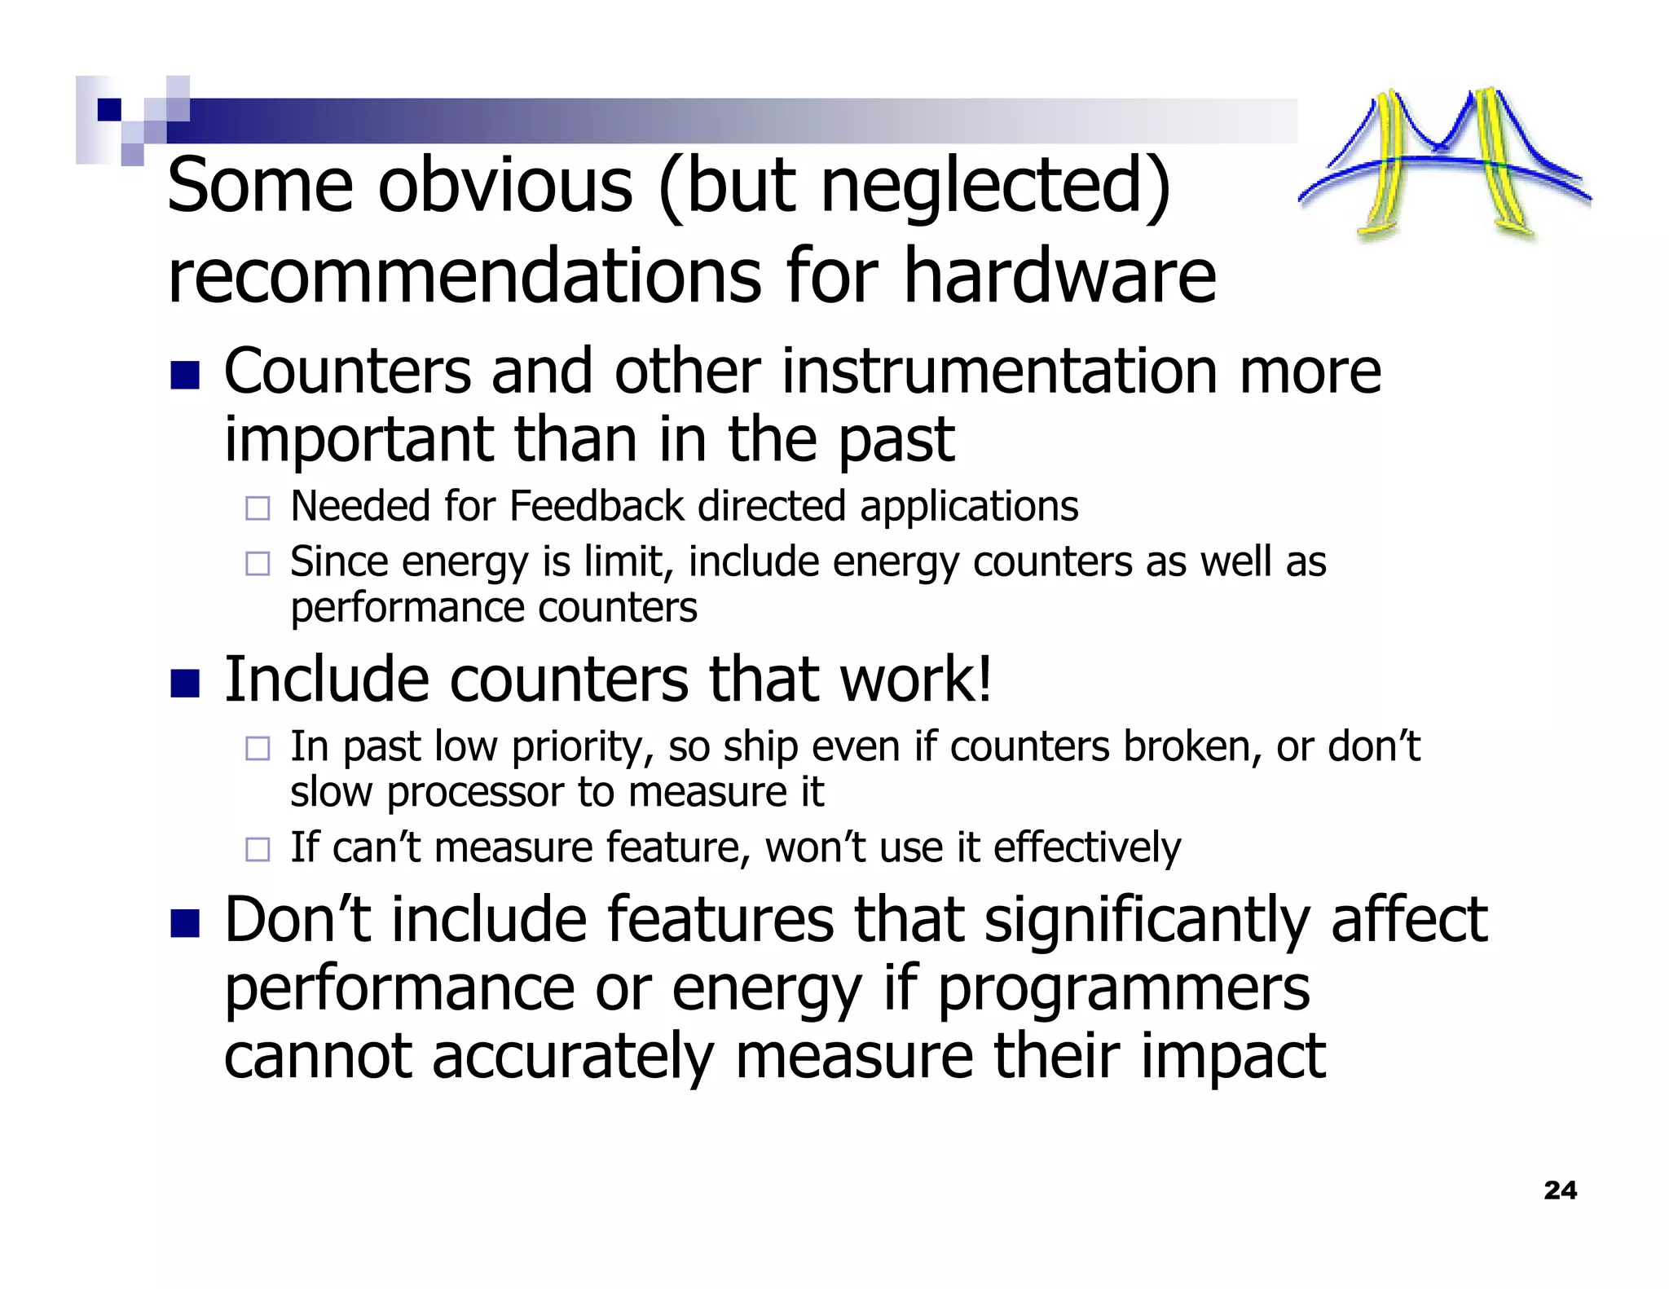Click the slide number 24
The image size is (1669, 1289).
pos(1560,1190)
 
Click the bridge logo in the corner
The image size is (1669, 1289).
pos(1444,163)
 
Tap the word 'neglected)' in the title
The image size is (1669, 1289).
pos(995,187)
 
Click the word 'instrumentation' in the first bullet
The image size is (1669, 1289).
pos(999,372)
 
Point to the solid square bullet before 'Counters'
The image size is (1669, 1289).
pos(185,376)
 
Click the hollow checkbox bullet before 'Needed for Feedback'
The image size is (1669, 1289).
pos(258,508)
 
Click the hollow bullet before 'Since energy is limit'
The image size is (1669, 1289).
pos(258,564)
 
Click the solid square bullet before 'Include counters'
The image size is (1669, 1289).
pos(185,683)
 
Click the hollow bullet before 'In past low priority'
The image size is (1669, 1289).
pos(258,748)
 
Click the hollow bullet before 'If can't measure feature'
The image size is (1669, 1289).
pos(258,850)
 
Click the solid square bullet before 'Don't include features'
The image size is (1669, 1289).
pos(185,923)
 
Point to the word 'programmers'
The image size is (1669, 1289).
pos(1124,989)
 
